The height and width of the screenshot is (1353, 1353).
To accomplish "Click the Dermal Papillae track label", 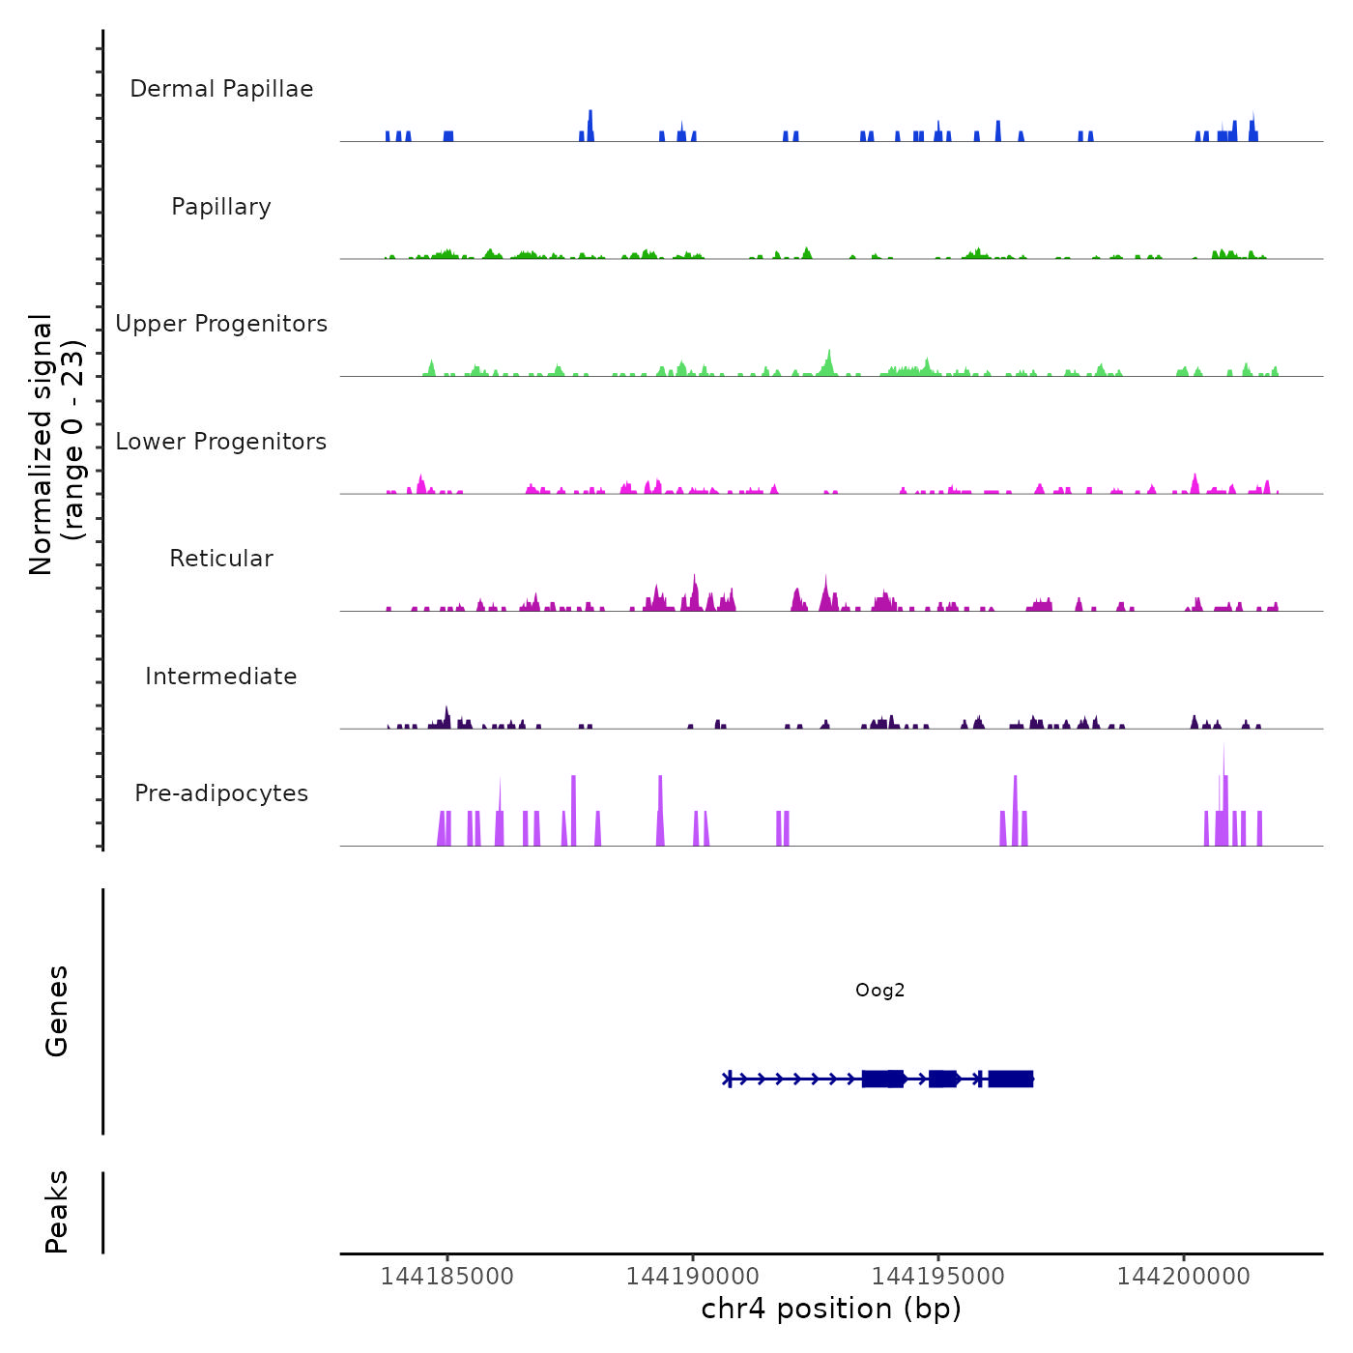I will [221, 89].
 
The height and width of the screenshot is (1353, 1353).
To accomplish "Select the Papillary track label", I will [221, 207].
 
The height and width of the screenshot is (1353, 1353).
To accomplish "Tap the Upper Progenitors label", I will [221, 324].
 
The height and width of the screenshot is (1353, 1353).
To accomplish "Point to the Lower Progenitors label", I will [221, 442].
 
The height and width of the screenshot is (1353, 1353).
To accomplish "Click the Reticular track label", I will [221, 559].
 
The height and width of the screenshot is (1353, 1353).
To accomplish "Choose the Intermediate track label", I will [221, 676].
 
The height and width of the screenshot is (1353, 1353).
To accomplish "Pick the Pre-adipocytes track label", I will [221, 793].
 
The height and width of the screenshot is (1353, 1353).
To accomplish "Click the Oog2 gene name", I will [879, 990].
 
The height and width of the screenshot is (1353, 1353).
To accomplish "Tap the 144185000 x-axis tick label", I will [447, 1277].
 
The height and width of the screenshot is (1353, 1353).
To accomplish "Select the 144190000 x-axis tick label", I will [693, 1277].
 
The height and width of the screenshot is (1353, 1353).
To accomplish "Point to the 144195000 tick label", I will [938, 1277].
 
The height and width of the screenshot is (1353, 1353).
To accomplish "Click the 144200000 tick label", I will [1184, 1277].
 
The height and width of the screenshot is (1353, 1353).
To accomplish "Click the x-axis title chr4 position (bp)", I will [831, 1309].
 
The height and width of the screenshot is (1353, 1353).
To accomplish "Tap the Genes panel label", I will [57, 1011].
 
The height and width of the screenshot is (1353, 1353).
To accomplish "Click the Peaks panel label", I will [57, 1212].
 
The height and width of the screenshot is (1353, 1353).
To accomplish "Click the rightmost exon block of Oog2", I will [1011, 1079].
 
